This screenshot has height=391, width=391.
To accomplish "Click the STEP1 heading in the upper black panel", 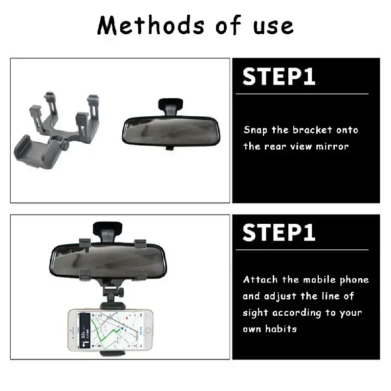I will [x=279, y=77].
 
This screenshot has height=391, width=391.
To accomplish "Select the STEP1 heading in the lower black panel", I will [x=279, y=233].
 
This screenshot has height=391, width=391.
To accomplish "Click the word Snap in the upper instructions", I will [x=256, y=130].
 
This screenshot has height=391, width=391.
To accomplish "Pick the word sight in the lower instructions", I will [x=255, y=313].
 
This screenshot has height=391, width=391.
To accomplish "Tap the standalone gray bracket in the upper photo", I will [x=57, y=125].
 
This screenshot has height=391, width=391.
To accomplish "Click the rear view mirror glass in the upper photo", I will [x=169, y=131].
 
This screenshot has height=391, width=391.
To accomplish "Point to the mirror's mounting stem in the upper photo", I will [x=171, y=105].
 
